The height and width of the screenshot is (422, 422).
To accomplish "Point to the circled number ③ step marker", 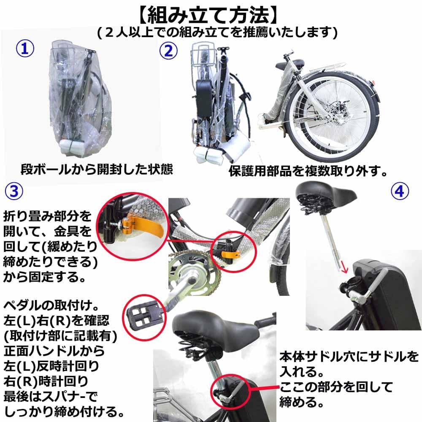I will point(14,191).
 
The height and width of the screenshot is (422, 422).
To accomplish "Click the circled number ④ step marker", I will point(399,192).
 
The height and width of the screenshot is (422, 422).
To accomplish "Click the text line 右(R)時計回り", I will point(46,382).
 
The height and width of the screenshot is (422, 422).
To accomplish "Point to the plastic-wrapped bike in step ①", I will point(80,101).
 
